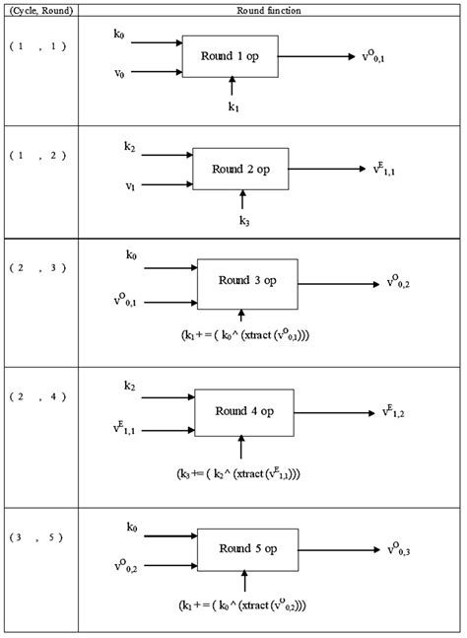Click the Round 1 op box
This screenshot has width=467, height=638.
coord(231,56)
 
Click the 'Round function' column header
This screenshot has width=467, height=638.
coord(269,10)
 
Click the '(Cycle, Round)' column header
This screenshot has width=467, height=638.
coord(39,10)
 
